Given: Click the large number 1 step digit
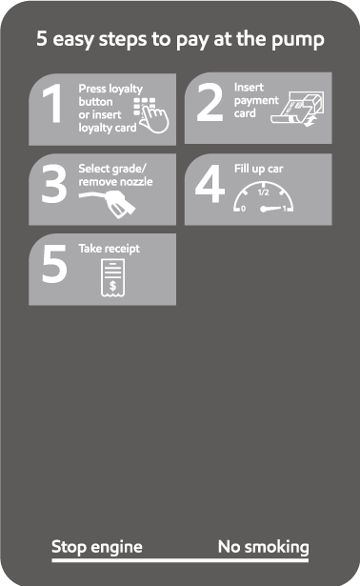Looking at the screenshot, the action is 53,103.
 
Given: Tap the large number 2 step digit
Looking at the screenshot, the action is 210,102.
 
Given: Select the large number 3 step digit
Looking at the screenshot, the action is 54,184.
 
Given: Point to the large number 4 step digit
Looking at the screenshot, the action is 210,184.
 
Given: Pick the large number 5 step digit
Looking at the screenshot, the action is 54,264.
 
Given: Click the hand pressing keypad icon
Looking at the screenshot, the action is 151,115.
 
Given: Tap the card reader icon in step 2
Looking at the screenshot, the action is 298,109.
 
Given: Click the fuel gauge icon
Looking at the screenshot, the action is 263,197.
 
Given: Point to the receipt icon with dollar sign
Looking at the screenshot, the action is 112,278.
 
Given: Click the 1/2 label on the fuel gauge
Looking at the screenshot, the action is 263,192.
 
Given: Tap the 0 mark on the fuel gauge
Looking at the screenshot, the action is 243,209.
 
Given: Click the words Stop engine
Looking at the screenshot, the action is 97,547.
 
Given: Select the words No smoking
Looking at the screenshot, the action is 263,547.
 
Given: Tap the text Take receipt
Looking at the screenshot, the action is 109,249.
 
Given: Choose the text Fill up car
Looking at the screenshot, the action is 258,169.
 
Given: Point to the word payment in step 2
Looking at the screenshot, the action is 256,101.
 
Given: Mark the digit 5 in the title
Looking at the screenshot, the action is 42,38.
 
